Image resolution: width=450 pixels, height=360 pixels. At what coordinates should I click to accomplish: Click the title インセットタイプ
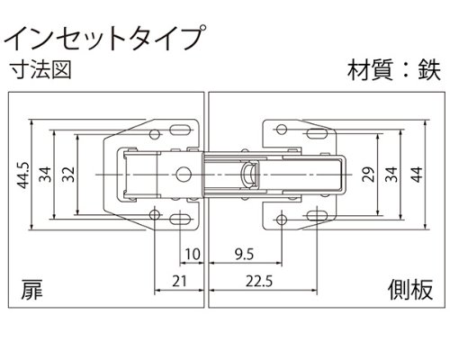click(105, 38)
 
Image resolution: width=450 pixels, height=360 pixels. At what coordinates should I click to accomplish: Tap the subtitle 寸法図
click(40, 70)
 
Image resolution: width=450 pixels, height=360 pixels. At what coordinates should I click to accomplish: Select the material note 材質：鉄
click(394, 71)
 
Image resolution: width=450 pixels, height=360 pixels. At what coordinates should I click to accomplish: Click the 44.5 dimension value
click(22, 175)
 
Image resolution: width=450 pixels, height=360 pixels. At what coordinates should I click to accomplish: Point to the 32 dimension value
click(68, 175)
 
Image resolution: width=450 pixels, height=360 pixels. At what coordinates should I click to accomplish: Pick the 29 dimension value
click(368, 175)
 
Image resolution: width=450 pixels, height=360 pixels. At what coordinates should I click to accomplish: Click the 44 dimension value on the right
click(417, 175)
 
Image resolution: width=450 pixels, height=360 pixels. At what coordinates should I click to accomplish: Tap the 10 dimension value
click(192, 255)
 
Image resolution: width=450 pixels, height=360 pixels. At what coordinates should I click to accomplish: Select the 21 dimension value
click(179, 281)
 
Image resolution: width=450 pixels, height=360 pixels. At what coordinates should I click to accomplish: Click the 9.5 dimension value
click(244, 255)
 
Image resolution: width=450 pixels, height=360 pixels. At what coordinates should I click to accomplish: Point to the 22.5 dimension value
click(259, 281)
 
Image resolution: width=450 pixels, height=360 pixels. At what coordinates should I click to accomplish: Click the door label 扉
click(31, 290)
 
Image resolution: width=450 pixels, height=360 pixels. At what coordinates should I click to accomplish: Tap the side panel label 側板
click(410, 290)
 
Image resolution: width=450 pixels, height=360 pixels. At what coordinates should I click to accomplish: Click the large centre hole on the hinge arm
click(184, 175)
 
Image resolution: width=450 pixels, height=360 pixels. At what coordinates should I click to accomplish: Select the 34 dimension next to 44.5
click(46, 175)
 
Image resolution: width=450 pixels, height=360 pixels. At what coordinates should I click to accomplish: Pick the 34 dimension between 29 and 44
click(391, 175)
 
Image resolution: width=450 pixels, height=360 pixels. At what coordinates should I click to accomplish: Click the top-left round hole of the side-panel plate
click(282, 130)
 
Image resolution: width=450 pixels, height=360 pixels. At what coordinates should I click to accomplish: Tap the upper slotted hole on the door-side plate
click(180, 130)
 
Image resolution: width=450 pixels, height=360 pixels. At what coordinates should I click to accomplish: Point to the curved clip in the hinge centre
click(250, 175)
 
